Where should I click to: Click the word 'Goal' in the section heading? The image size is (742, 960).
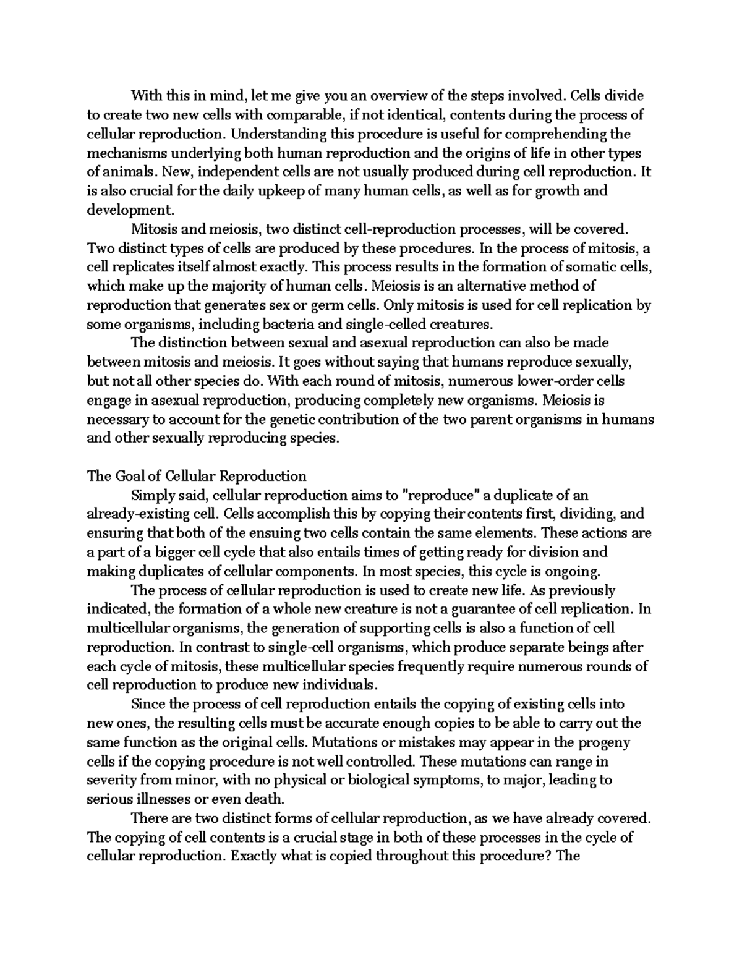tap(129, 476)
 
